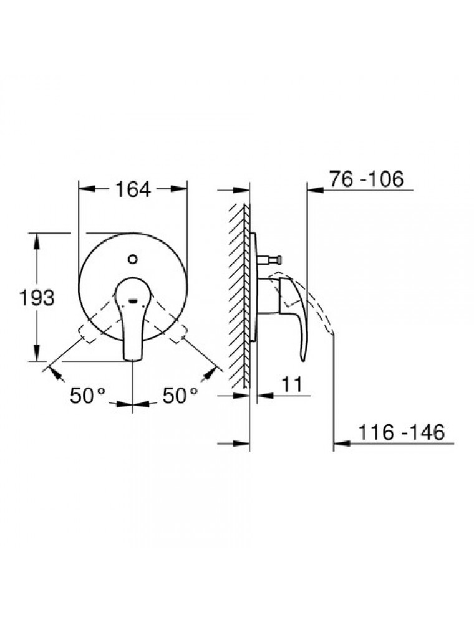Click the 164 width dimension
tap(133, 189)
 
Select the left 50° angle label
tap(87, 396)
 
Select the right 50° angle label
tap(180, 396)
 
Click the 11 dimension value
tap(292, 384)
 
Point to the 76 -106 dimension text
tap(366, 179)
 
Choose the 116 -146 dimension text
tap(401, 432)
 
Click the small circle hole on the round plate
tap(133, 260)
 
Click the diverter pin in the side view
tap(269, 260)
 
